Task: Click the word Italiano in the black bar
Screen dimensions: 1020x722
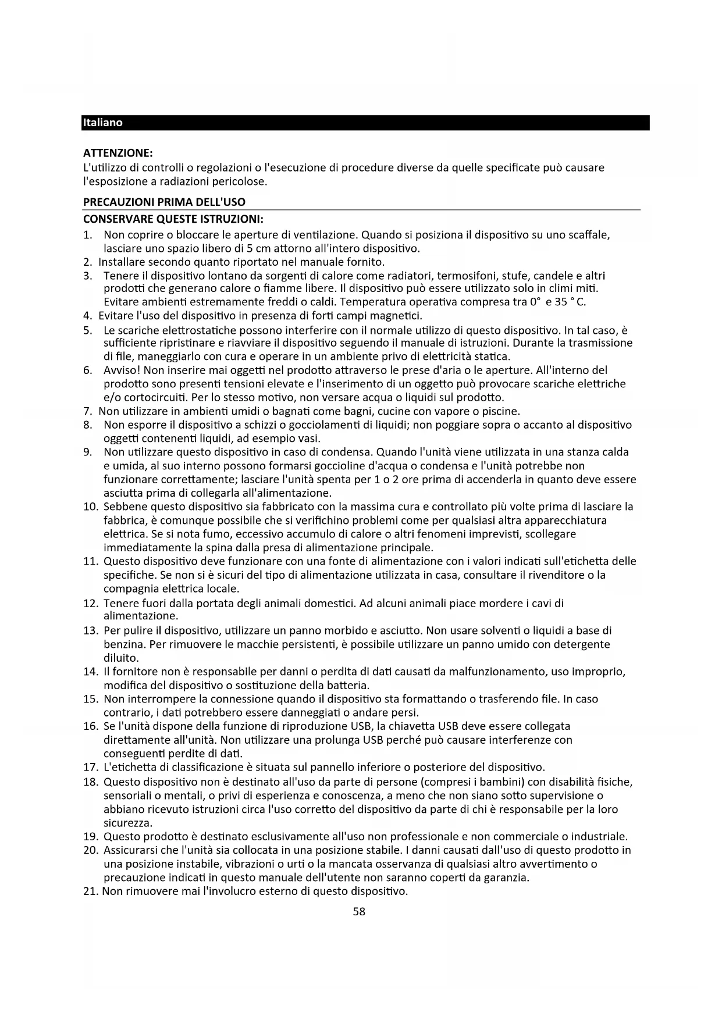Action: click(x=103, y=123)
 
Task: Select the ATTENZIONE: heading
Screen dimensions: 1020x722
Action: click(x=118, y=154)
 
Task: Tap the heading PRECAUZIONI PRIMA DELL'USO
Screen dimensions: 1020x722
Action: click(x=164, y=202)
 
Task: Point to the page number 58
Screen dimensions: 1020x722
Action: click(x=360, y=912)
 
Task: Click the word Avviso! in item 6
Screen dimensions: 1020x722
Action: click(x=122, y=370)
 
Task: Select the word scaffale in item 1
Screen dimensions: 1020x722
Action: click(x=589, y=235)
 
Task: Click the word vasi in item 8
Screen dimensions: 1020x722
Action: click(x=309, y=438)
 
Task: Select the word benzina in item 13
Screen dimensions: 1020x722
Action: click(x=123, y=644)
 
